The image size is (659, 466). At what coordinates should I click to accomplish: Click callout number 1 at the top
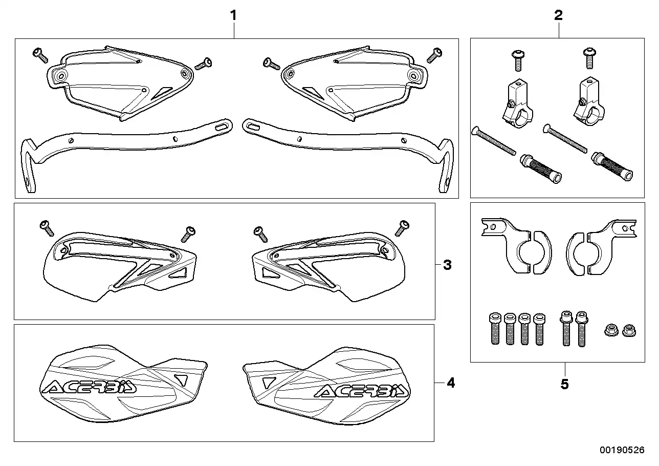pyautogui.click(x=233, y=15)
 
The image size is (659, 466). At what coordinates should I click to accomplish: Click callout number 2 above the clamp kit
pyautogui.click(x=558, y=15)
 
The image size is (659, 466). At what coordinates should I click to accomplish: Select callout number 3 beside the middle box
pyautogui.click(x=447, y=265)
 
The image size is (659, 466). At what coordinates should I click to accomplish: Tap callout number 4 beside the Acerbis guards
pyautogui.click(x=450, y=383)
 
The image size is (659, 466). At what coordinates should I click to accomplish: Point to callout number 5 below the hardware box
pyautogui.click(x=564, y=384)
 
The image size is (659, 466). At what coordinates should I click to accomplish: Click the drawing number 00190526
pyautogui.click(x=622, y=450)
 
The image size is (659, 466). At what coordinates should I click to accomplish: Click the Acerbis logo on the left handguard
pyautogui.click(x=89, y=387)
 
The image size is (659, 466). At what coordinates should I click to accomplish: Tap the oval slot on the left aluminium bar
pyautogui.click(x=223, y=125)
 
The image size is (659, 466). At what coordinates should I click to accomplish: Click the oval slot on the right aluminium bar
pyautogui.click(x=252, y=124)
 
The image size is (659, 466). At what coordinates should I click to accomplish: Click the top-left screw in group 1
pyautogui.click(x=39, y=54)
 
